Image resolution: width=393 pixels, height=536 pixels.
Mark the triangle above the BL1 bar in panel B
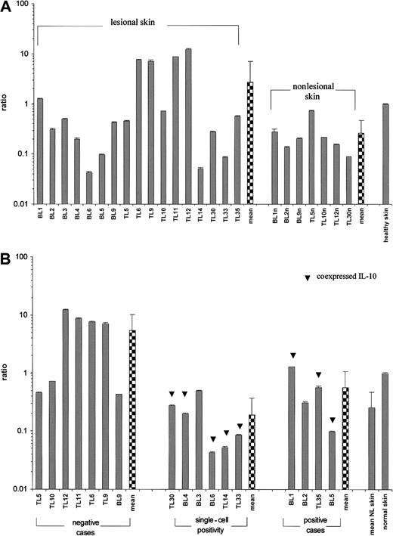coord(290,355)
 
